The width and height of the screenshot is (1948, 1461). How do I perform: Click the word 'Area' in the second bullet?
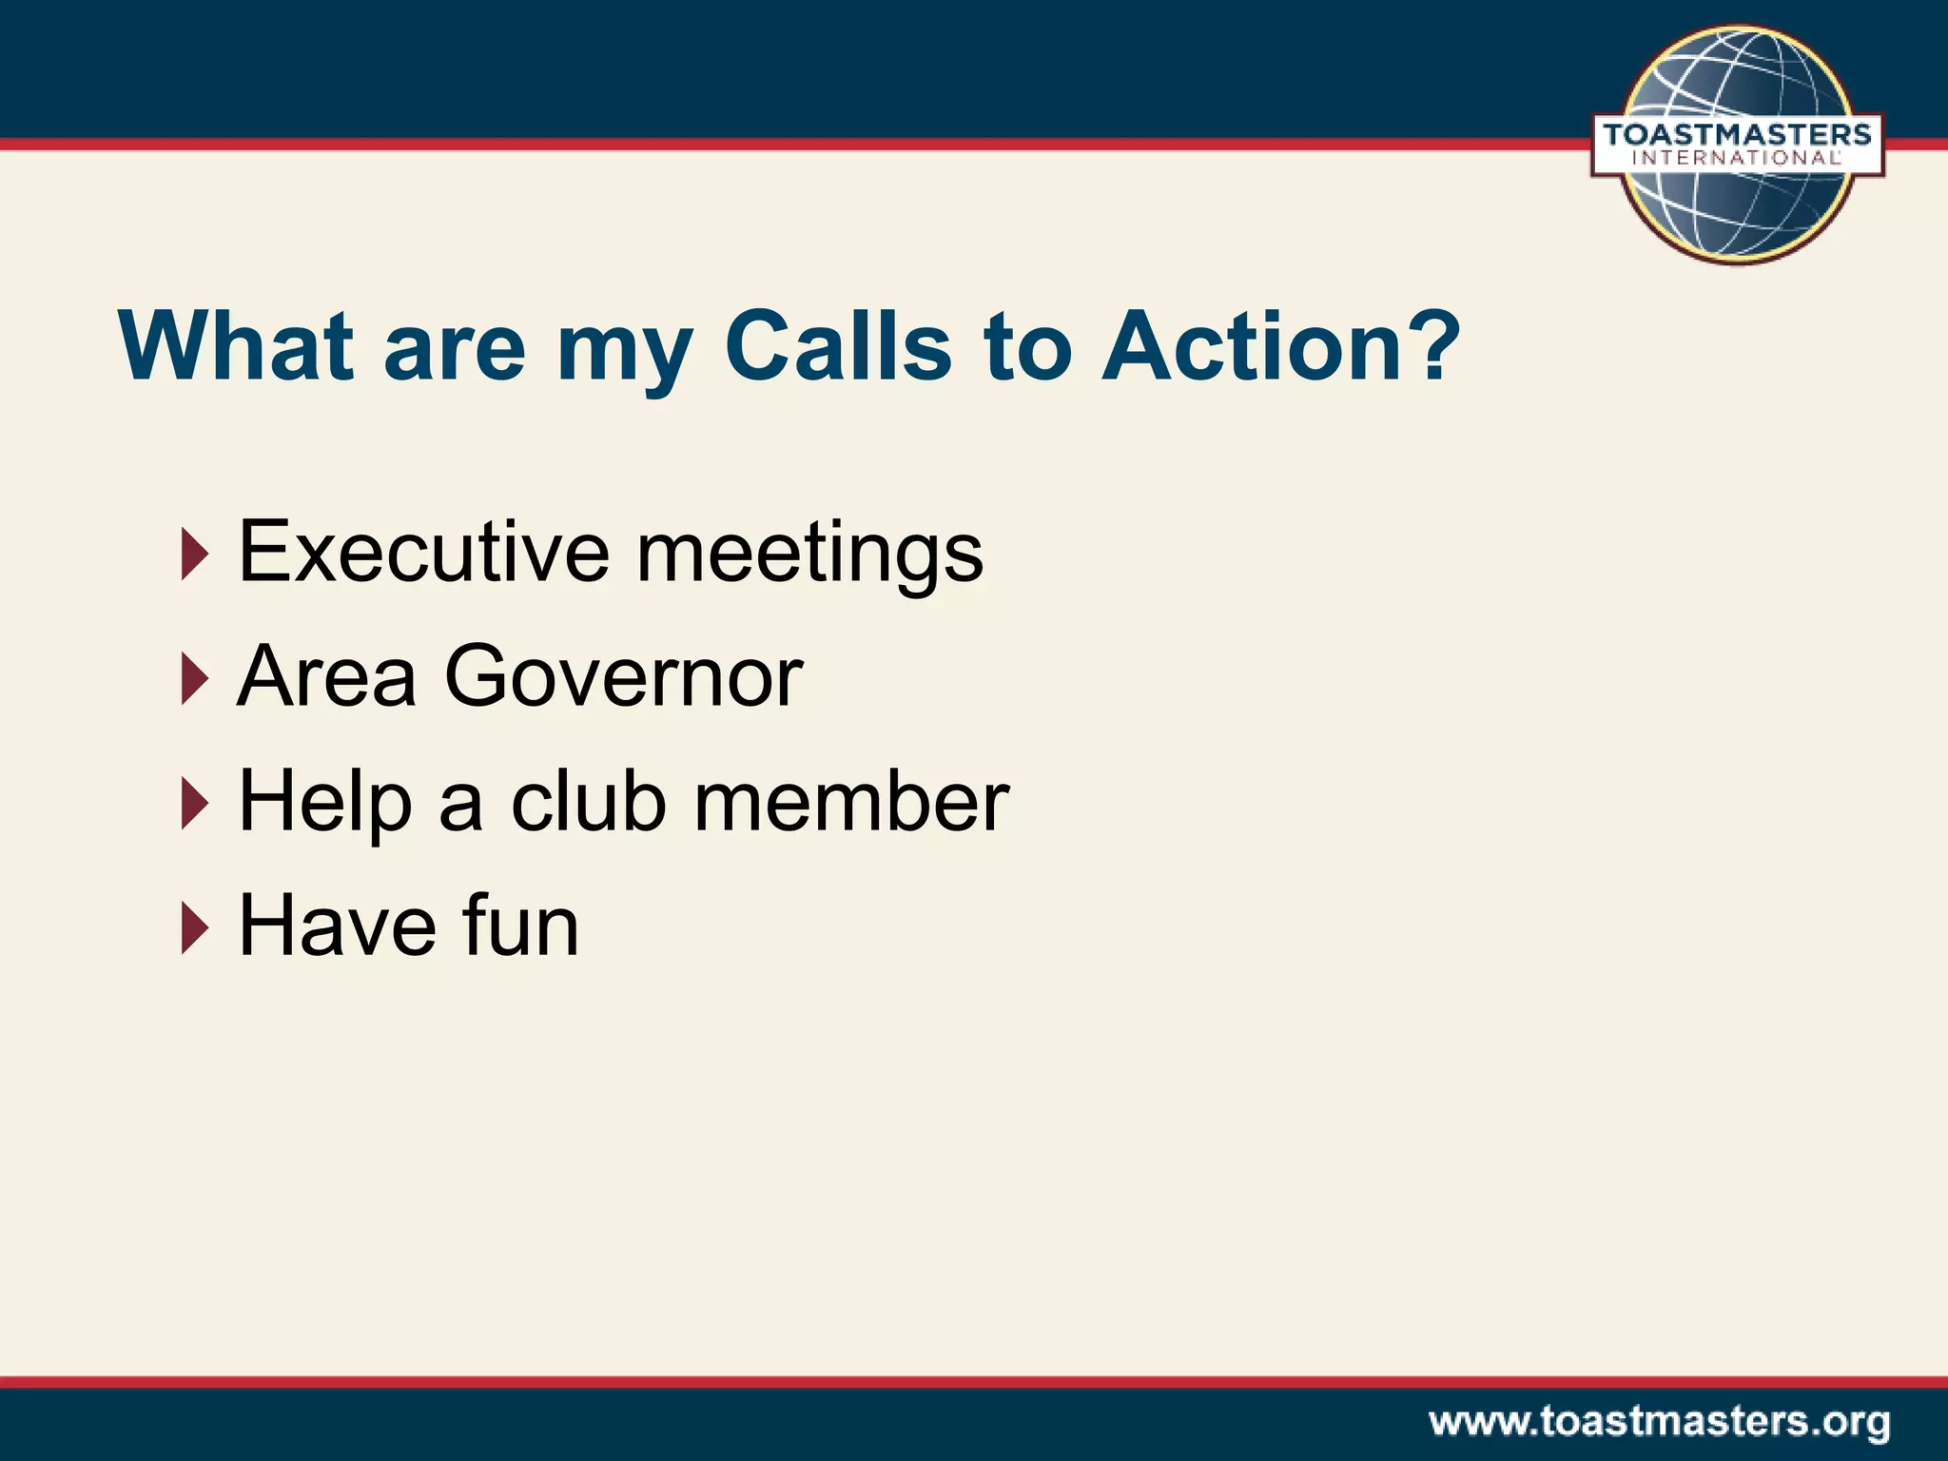(326, 676)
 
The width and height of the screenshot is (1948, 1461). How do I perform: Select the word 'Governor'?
(623, 676)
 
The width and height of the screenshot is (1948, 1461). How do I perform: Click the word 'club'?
(587, 801)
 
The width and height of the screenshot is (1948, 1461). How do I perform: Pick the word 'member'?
(851, 801)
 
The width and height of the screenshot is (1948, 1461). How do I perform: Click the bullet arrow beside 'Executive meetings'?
(194, 554)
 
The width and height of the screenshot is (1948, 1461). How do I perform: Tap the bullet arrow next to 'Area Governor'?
(194, 678)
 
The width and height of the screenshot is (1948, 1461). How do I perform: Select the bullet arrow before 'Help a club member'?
(194, 803)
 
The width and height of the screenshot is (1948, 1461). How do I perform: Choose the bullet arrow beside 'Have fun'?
(194, 927)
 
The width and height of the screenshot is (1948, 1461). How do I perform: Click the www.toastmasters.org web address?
(1659, 1423)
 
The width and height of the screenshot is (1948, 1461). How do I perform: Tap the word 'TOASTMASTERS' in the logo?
(1737, 135)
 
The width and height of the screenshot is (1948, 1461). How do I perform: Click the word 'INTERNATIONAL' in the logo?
(1737, 159)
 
